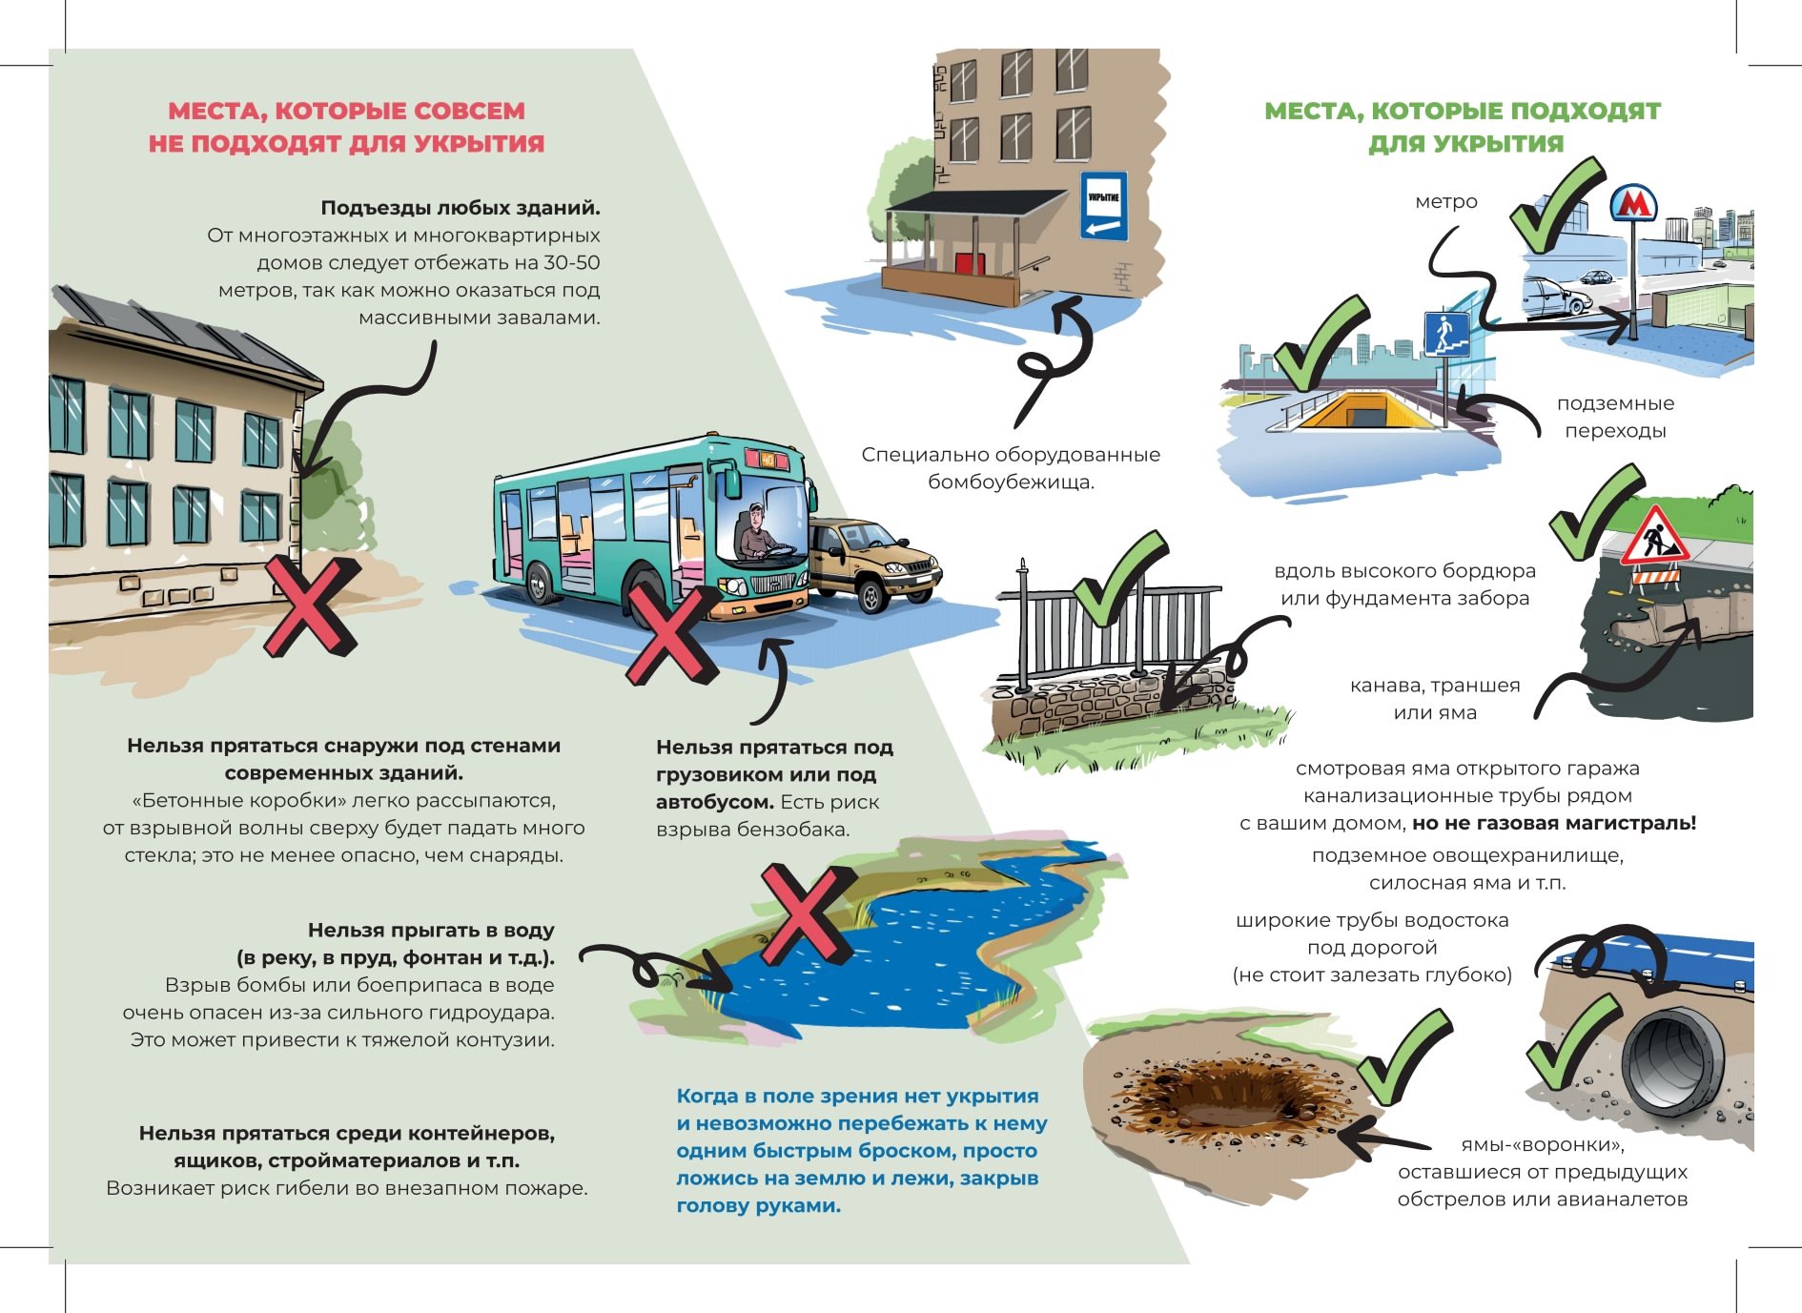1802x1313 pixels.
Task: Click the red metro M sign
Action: [x=1634, y=202]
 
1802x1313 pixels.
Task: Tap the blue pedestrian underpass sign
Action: [x=1446, y=334]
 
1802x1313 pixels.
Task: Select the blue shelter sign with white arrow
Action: [x=1103, y=206]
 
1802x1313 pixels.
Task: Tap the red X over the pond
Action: [x=804, y=913]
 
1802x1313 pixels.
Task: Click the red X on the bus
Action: [x=672, y=633]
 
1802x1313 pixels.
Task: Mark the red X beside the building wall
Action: [x=310, y=606]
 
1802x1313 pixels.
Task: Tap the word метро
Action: [x=1446, y=201]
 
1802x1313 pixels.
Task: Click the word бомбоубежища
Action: [x=1011, y=482]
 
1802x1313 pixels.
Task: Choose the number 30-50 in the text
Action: [x=572, y=262]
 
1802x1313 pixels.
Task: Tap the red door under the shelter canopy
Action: [x=969, y=262]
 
